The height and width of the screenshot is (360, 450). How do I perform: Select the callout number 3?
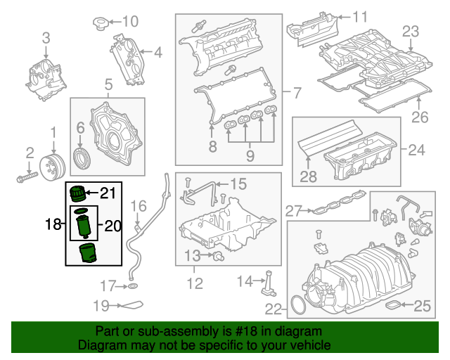point(46,37)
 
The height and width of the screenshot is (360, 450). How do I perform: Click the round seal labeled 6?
point(82,156)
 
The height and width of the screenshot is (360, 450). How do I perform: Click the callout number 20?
point(113,226)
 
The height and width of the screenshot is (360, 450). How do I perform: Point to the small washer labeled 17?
point(131,286)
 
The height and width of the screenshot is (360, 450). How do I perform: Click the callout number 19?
point(102,305)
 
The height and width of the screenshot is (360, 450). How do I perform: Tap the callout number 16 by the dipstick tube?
point(139,206)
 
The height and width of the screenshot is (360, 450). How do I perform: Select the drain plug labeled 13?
point(219,255)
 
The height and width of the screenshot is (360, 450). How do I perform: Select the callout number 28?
point(309,177)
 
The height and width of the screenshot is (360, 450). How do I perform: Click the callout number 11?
point(360,16)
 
